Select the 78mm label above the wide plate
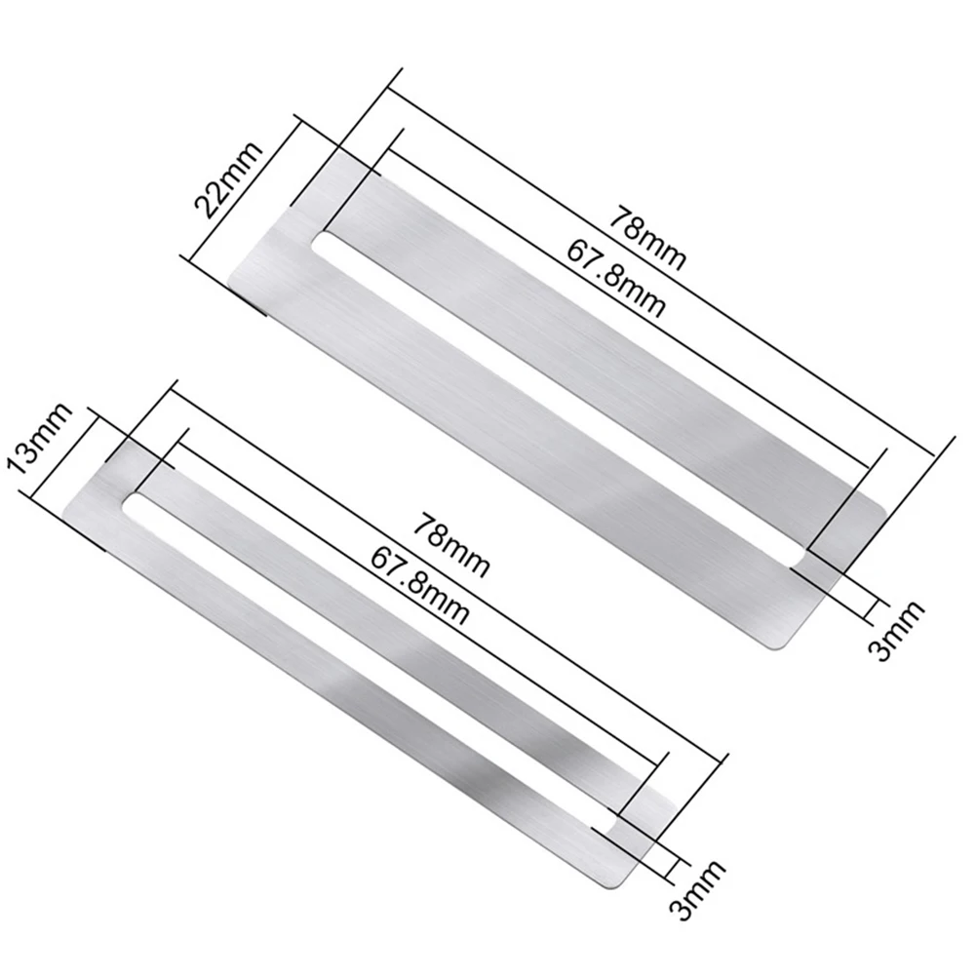[647, 238]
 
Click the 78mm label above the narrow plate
[449, 544]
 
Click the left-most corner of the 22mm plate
[228, 285]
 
